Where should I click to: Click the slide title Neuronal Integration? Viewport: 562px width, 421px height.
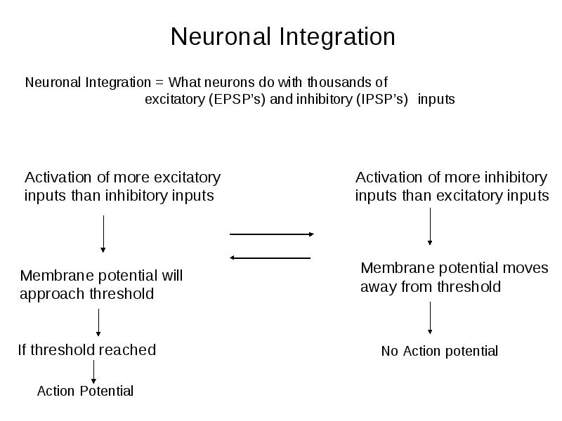point(283,37)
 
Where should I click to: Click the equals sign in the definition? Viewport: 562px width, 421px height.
point(159,83)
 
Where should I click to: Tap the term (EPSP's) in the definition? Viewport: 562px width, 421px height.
point(237,99)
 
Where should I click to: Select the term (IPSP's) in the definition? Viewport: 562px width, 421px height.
point(382,99)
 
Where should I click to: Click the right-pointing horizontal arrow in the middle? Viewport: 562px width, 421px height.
point(272,234)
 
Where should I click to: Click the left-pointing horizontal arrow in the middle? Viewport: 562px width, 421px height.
point(270,258)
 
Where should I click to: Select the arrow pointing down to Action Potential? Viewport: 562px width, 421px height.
point(93,372)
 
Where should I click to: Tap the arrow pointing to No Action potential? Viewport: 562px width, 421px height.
point(430,318)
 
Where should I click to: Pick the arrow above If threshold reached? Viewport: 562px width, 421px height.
point(98,323)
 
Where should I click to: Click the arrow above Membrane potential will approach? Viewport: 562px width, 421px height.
point(103,234)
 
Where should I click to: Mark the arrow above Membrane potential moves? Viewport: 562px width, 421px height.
point(430,226)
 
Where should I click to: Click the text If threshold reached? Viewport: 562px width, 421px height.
point(87,349)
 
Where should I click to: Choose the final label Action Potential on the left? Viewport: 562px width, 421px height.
point(85,391)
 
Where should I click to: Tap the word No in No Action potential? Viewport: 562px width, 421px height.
point(390,352)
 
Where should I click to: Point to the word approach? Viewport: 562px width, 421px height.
point(53,295)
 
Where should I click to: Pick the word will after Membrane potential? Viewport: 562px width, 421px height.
point(172,276)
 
